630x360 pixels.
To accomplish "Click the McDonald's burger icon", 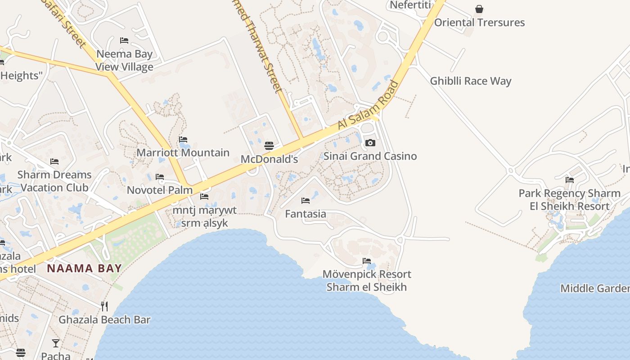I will tap(269, 145).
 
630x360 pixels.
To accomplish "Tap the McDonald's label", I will tap(269, 159).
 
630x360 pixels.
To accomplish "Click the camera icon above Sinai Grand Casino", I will tap(370, 143).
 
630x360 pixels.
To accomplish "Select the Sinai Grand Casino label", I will tap(370, 156).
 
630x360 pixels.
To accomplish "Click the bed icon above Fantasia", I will tap(306, 201).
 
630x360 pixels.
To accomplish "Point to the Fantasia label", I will tap(306, 214).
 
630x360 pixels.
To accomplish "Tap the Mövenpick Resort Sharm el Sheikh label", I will tap(367, 281).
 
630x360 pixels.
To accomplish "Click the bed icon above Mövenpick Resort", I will tap(367, 261).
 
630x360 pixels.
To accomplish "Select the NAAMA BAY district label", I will tap(85, 269).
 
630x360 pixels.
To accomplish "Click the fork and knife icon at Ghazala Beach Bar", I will tap(104, 306).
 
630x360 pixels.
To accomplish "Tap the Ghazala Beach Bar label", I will tap(104, 320).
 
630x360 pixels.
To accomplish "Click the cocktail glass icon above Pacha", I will tap(56, 343).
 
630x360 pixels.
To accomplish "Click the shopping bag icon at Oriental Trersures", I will tap(479, 9).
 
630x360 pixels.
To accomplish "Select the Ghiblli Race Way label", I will tap(471, 81).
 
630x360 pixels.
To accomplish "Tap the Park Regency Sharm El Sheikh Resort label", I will tap(570, 200).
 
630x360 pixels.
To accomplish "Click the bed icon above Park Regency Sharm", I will tap(570, 180).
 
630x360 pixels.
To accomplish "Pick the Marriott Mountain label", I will tap(183, 153).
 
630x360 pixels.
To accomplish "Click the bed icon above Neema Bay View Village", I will tap(125, 40).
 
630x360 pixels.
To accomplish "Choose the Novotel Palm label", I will tap(160, 190).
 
